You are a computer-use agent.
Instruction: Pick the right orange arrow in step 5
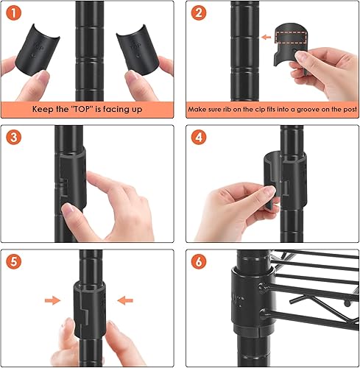point(124,300)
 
